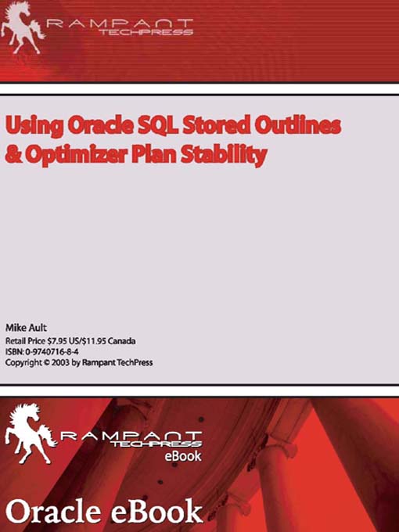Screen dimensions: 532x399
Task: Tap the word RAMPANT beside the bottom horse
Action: tap(128, 436)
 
